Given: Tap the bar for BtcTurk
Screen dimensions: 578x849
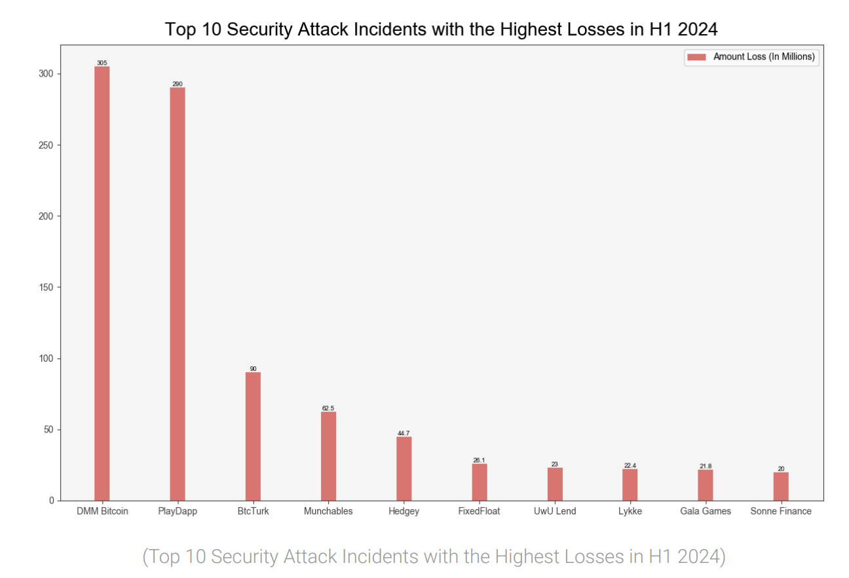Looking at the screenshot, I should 253,436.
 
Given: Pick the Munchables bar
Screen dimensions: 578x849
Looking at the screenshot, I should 328,456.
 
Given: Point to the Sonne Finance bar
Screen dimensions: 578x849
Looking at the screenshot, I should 781,486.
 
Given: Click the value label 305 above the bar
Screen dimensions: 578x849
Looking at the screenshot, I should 102,63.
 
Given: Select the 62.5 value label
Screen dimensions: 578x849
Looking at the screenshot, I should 328,408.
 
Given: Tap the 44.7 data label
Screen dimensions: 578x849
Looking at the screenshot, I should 404,433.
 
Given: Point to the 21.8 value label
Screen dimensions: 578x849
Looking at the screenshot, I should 706,466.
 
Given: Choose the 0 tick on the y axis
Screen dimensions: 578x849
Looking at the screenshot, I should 52,501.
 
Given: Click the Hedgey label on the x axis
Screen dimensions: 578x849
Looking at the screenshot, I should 404,511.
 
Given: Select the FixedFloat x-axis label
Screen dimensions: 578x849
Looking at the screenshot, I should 479,511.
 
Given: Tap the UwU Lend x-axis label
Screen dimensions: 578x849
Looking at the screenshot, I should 555,511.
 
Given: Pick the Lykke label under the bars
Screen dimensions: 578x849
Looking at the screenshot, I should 630,511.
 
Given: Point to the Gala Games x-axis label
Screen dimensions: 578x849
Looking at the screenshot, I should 706,511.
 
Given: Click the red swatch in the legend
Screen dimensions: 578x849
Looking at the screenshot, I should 696,57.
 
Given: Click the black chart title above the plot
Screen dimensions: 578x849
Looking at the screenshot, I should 442,29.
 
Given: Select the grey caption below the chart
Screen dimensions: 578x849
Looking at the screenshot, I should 434,556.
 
